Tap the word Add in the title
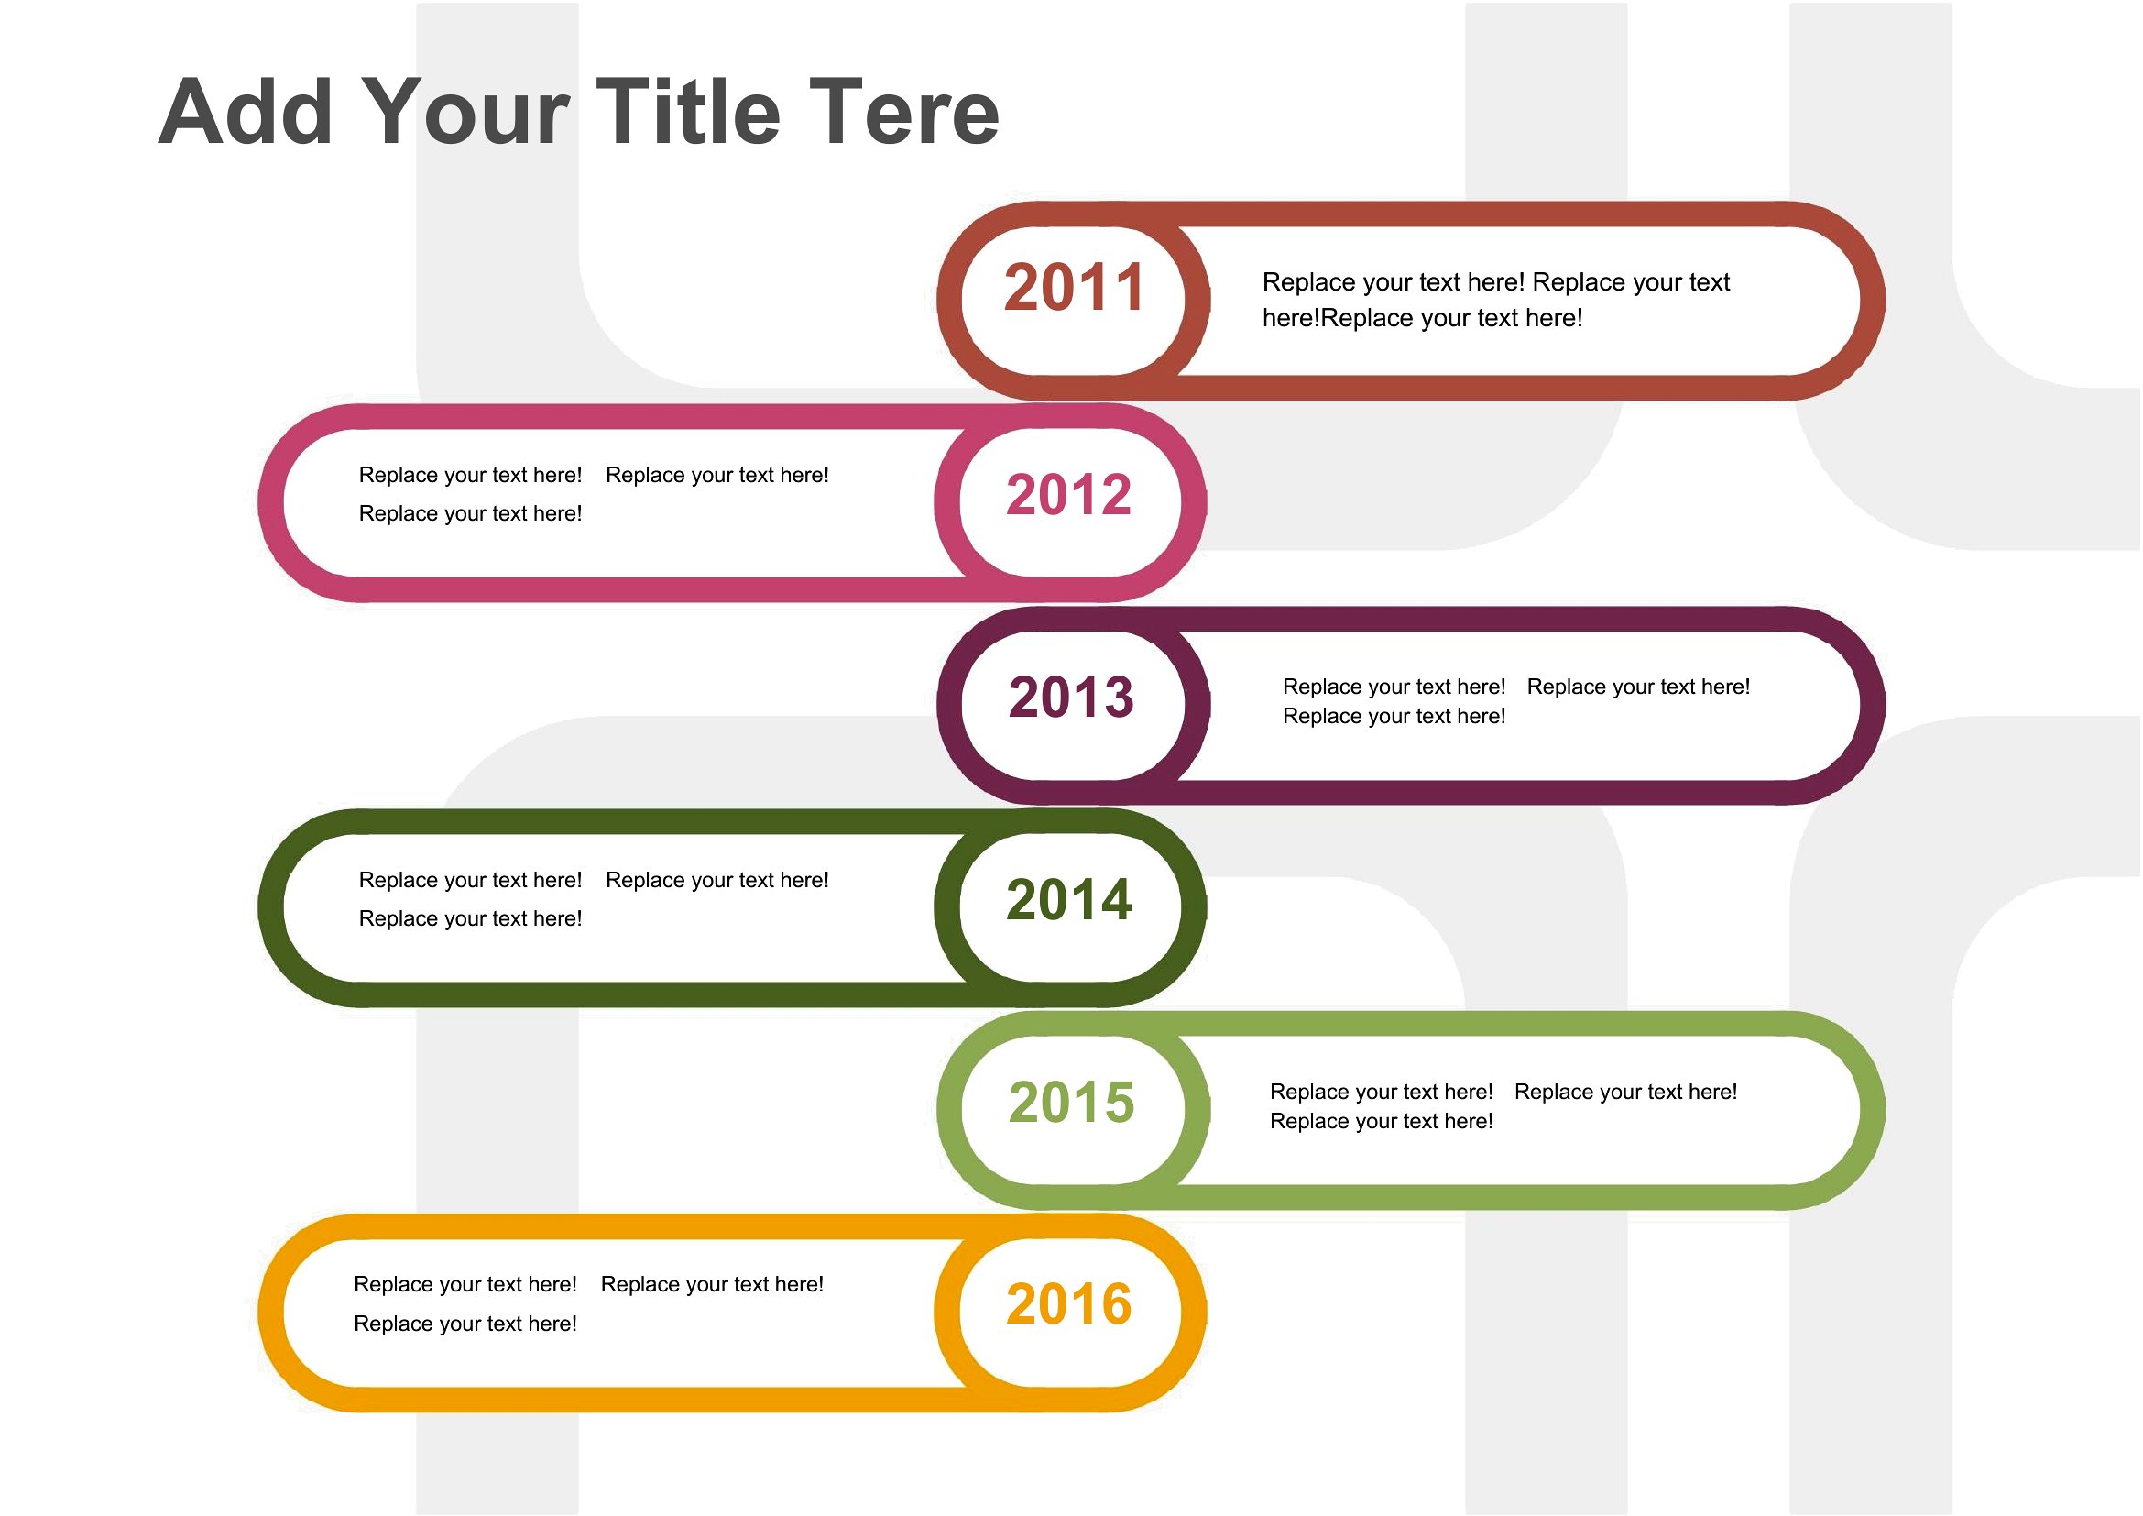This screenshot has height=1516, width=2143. point(246,112)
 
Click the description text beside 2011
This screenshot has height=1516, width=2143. point(1495,300)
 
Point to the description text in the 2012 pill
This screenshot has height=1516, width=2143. point(594,494)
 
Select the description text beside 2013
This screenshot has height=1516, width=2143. point(1515,701)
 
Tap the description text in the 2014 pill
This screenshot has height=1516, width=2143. point(594,899)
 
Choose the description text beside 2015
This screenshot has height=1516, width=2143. point(1503,1106)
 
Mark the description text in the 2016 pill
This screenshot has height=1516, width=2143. point(588,1303)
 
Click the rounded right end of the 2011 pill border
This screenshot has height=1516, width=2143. point(1873,301)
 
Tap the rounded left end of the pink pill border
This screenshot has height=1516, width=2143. point(271,503)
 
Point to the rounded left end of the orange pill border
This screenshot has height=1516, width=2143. point(271,1313)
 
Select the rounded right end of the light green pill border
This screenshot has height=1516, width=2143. point(1873,1110)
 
